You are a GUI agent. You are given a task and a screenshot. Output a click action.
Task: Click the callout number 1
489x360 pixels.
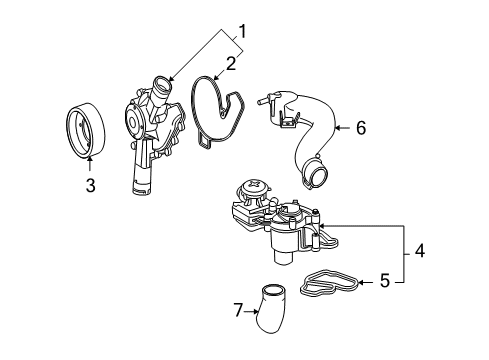(243, 32)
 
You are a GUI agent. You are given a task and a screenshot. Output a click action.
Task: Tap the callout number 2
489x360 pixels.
(231, 63)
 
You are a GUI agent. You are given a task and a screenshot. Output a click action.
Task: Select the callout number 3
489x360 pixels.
(90, 185)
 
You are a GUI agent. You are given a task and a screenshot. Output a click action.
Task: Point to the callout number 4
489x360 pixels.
(419, 251)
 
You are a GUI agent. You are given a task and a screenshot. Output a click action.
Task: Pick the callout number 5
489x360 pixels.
(385, 281)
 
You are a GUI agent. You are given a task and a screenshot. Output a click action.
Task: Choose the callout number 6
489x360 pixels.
(361, 128)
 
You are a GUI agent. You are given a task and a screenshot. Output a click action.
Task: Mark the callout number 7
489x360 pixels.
(238, 310)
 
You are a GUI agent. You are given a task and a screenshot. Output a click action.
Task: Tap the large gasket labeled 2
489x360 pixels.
(218, 113)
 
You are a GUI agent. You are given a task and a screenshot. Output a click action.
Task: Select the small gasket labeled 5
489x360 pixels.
(330, 283)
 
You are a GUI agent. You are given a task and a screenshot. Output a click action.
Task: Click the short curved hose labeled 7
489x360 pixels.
(272, 308)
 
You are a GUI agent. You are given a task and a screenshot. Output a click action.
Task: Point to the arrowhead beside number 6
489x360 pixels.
(337, 128)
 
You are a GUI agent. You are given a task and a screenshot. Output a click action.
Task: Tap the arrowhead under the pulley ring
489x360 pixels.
(90, 159)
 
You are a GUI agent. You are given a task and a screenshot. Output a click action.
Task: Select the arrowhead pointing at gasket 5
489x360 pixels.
(362, 283)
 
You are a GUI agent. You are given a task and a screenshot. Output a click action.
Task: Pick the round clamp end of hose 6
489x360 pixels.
(315, 174)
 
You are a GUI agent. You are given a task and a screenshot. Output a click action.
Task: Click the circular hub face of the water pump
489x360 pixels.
(133, 122)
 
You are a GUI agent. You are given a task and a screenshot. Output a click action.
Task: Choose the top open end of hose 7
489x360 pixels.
(273, 289)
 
